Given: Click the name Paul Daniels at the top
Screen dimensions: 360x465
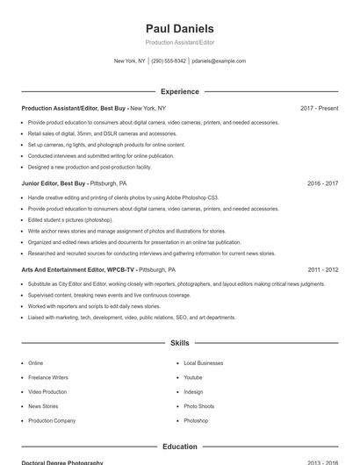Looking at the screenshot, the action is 179,29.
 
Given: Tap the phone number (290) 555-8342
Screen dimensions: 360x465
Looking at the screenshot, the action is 169,61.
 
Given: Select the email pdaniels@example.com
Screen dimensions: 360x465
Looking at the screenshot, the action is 219,61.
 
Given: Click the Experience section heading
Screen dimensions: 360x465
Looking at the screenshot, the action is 179,91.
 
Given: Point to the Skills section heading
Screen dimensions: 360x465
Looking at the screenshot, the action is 179,343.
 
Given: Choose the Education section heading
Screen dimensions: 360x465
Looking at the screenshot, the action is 179,447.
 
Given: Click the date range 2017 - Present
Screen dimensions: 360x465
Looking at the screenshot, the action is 319,108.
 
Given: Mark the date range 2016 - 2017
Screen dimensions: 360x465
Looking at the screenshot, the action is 322,184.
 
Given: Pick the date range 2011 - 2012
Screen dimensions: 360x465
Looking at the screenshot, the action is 322,270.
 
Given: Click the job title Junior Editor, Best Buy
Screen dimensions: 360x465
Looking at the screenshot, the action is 54,184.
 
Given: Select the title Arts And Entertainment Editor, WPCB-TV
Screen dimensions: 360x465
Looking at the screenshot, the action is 79,270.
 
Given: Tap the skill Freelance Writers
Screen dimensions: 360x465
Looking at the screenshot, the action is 47,377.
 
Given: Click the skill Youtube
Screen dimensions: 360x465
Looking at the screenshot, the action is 193,377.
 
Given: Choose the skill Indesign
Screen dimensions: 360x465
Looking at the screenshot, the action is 193,392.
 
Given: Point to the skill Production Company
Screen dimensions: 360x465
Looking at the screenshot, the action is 52,421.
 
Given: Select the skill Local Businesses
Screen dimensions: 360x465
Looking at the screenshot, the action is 203,363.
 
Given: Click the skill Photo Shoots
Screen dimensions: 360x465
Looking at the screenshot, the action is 198,406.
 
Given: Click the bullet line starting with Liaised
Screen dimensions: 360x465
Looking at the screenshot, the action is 132,318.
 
